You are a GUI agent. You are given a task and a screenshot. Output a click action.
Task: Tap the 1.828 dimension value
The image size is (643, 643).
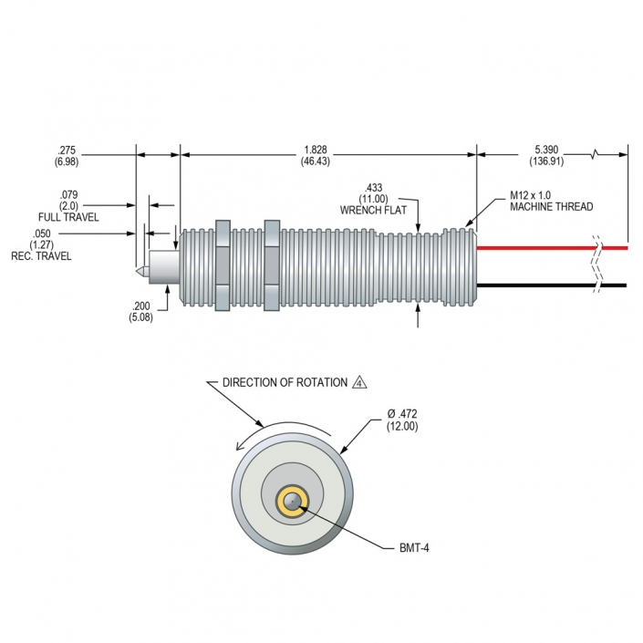pos(316,150)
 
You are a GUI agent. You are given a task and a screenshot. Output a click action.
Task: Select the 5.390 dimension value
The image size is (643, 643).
pos(546,150)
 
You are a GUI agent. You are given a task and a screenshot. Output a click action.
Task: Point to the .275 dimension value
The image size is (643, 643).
pos(67,150)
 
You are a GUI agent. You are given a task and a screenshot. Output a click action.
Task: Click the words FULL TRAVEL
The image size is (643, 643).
pos(68,217)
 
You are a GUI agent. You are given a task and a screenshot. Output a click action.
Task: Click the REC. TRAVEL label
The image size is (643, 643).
pos(41,256)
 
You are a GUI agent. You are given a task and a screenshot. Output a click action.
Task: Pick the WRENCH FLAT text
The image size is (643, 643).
pos(373,210)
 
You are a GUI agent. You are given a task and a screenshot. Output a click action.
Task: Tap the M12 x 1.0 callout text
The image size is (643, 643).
pos(530,195)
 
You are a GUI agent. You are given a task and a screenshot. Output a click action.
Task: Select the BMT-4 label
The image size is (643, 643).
pos(414,548)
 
